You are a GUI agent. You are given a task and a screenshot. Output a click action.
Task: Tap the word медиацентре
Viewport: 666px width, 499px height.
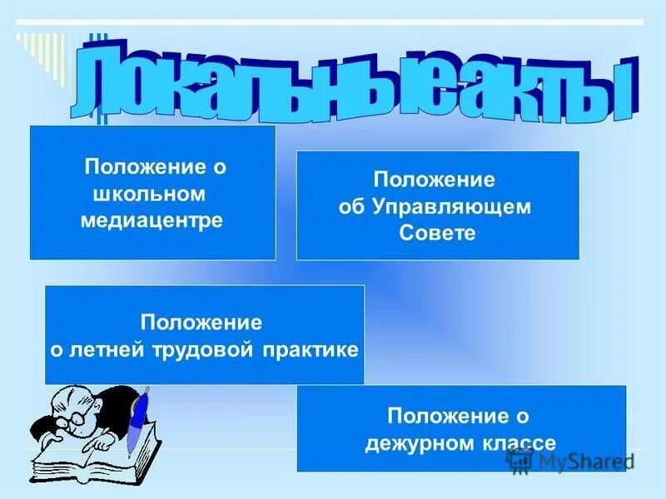point(152,220)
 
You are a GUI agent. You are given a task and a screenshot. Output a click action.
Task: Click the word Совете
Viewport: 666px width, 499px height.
point(437,233)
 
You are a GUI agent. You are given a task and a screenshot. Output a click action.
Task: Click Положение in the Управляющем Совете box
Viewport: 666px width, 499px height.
point(434,180)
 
